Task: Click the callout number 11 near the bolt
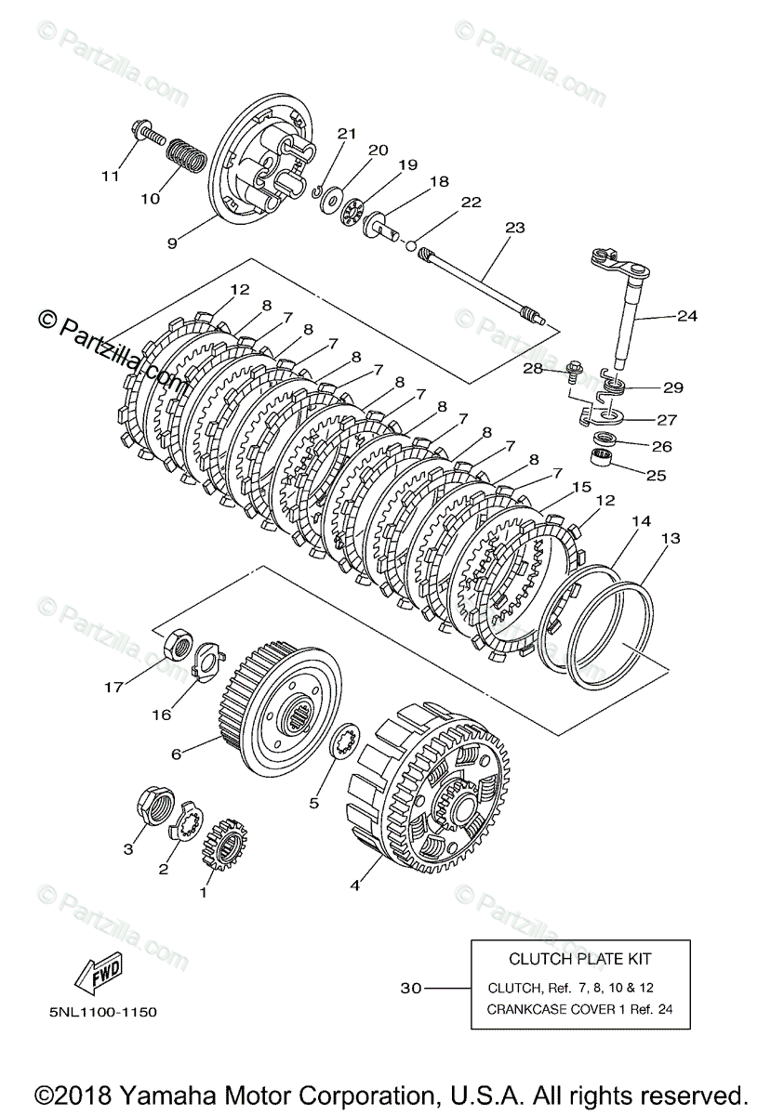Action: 111,176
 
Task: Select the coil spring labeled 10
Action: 185,157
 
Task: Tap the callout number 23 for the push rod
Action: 514,227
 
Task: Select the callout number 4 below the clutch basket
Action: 354,885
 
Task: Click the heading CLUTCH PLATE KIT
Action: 579,959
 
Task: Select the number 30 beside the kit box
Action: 411,988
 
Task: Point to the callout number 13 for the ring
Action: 670,539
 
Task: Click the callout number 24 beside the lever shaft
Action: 686,316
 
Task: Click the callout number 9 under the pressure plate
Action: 172,243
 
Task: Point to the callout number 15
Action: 581,486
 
